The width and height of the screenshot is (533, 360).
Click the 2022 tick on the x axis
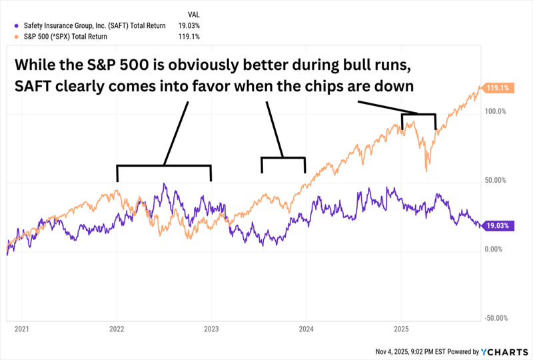point(117,329)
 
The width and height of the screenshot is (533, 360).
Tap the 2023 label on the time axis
point(211,329)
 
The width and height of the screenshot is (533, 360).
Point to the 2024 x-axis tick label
point(306,329)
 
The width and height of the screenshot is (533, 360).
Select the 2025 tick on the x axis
point(401,329)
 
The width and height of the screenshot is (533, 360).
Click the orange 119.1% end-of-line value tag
point(496,87)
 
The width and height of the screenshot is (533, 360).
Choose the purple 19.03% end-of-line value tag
point(497,225)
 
